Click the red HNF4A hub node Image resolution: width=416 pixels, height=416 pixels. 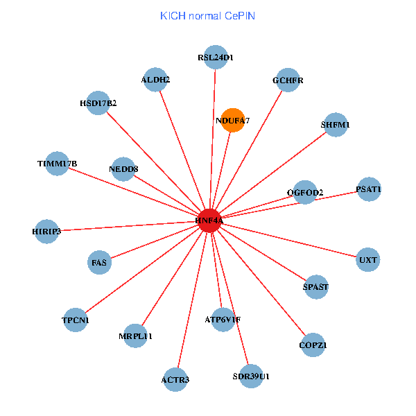pos(209,220)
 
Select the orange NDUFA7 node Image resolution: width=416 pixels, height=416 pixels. pos(232,120)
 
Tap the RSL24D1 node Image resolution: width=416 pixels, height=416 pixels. pos(215,58)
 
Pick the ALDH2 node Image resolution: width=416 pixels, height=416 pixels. pos(155,80)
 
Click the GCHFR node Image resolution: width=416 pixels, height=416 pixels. pos(287,80)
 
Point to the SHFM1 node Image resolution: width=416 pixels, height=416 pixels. pos(335,125)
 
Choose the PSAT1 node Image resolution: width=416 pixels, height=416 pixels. pos(368,189)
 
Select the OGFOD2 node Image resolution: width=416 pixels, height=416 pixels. pos(305,192)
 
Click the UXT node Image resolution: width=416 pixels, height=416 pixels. pos(368,260)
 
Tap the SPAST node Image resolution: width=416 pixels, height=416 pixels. pos(316,286)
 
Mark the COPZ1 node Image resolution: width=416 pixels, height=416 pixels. pos(313,345)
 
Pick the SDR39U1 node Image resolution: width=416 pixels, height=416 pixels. pos(251,376)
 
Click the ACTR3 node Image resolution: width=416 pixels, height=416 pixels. pos(175,379)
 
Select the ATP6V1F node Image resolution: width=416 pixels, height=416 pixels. pos(223,320)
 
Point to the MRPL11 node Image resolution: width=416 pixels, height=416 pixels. pos(135,336)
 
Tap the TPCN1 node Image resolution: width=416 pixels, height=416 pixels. pos(76,320)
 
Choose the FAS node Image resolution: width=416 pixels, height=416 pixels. pos(100,262)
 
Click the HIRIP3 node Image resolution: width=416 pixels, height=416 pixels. pos(46,231)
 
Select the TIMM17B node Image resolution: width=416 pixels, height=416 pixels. pos(57,164)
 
